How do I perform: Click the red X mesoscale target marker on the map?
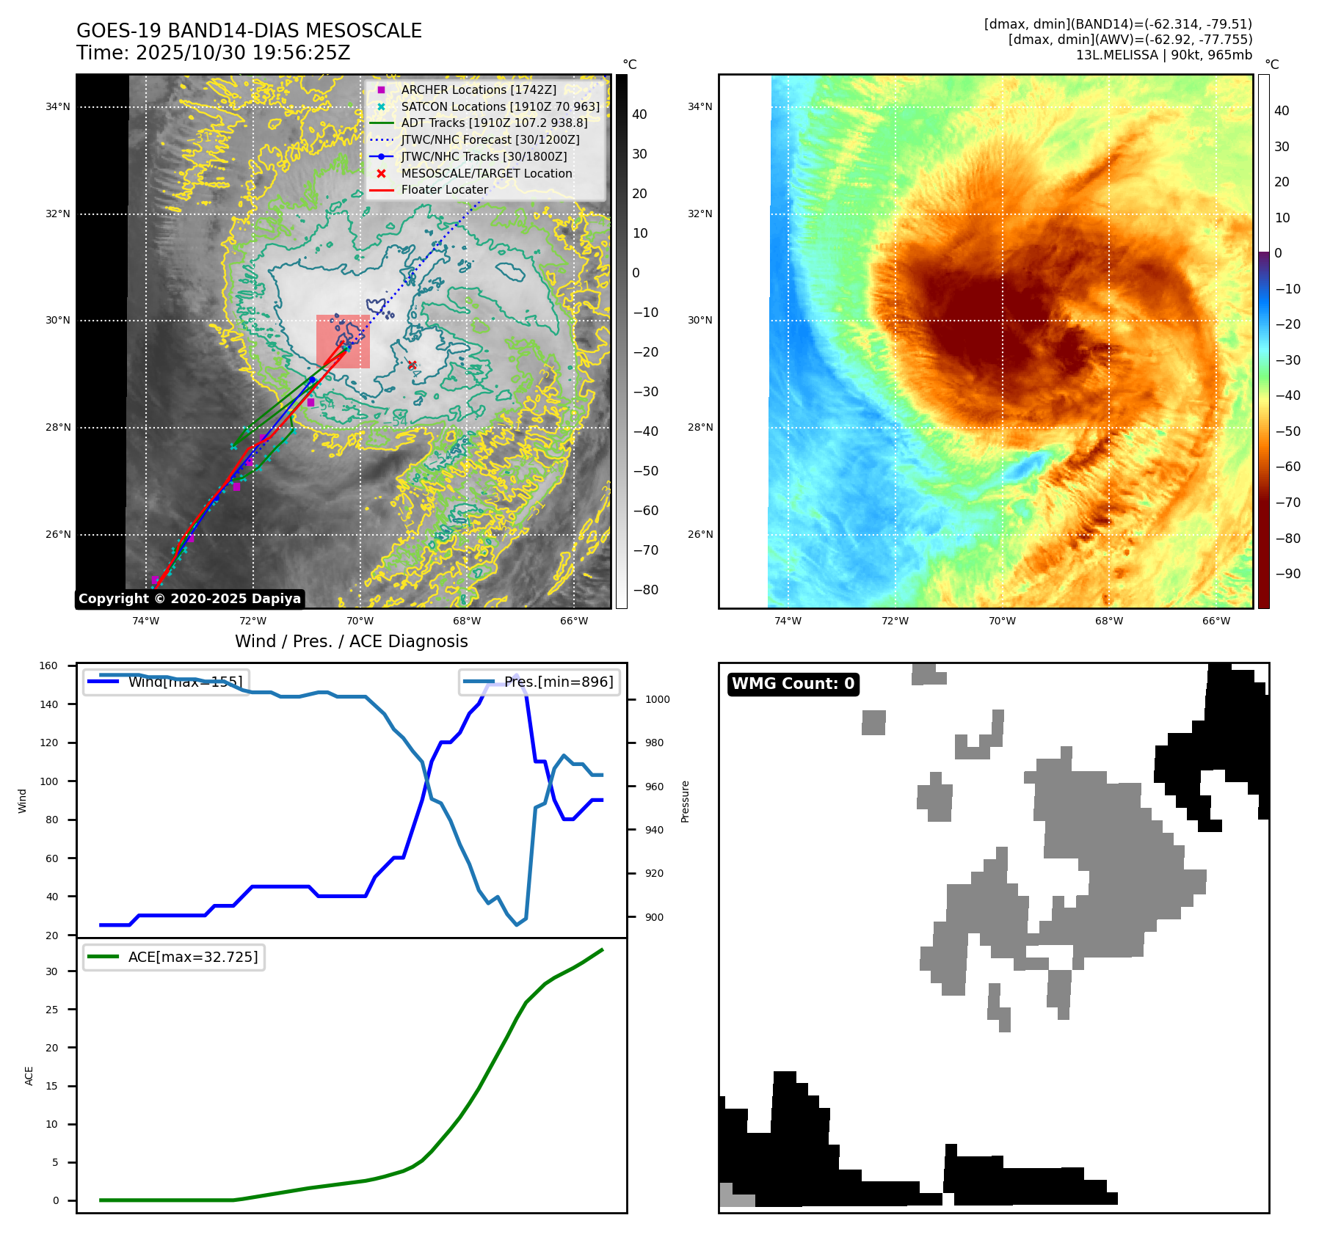pos(413,365)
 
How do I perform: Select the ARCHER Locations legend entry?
pos(478,90)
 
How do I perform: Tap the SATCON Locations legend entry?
pos(500,106)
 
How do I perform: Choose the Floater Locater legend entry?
pos(444,189)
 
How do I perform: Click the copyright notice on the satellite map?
pos(189,599)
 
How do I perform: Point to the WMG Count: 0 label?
pos(793,684)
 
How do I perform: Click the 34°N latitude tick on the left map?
pos(58,107)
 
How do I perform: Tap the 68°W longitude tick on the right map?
pos(1108,621)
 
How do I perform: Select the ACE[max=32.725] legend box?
pos(174,957)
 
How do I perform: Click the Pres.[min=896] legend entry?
pos(539,682)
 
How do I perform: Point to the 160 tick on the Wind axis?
pos(48,666)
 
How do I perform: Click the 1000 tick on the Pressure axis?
pos(657,700)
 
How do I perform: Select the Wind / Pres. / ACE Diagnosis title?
pos(351,641)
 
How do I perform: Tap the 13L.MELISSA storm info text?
pos(1163,55)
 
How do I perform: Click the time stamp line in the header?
pos(214,53)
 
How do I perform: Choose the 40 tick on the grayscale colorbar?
pos(639,114)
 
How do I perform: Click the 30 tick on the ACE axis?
pos(51,971)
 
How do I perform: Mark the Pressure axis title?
pos(685,801)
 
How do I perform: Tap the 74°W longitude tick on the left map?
pos(145,621)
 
